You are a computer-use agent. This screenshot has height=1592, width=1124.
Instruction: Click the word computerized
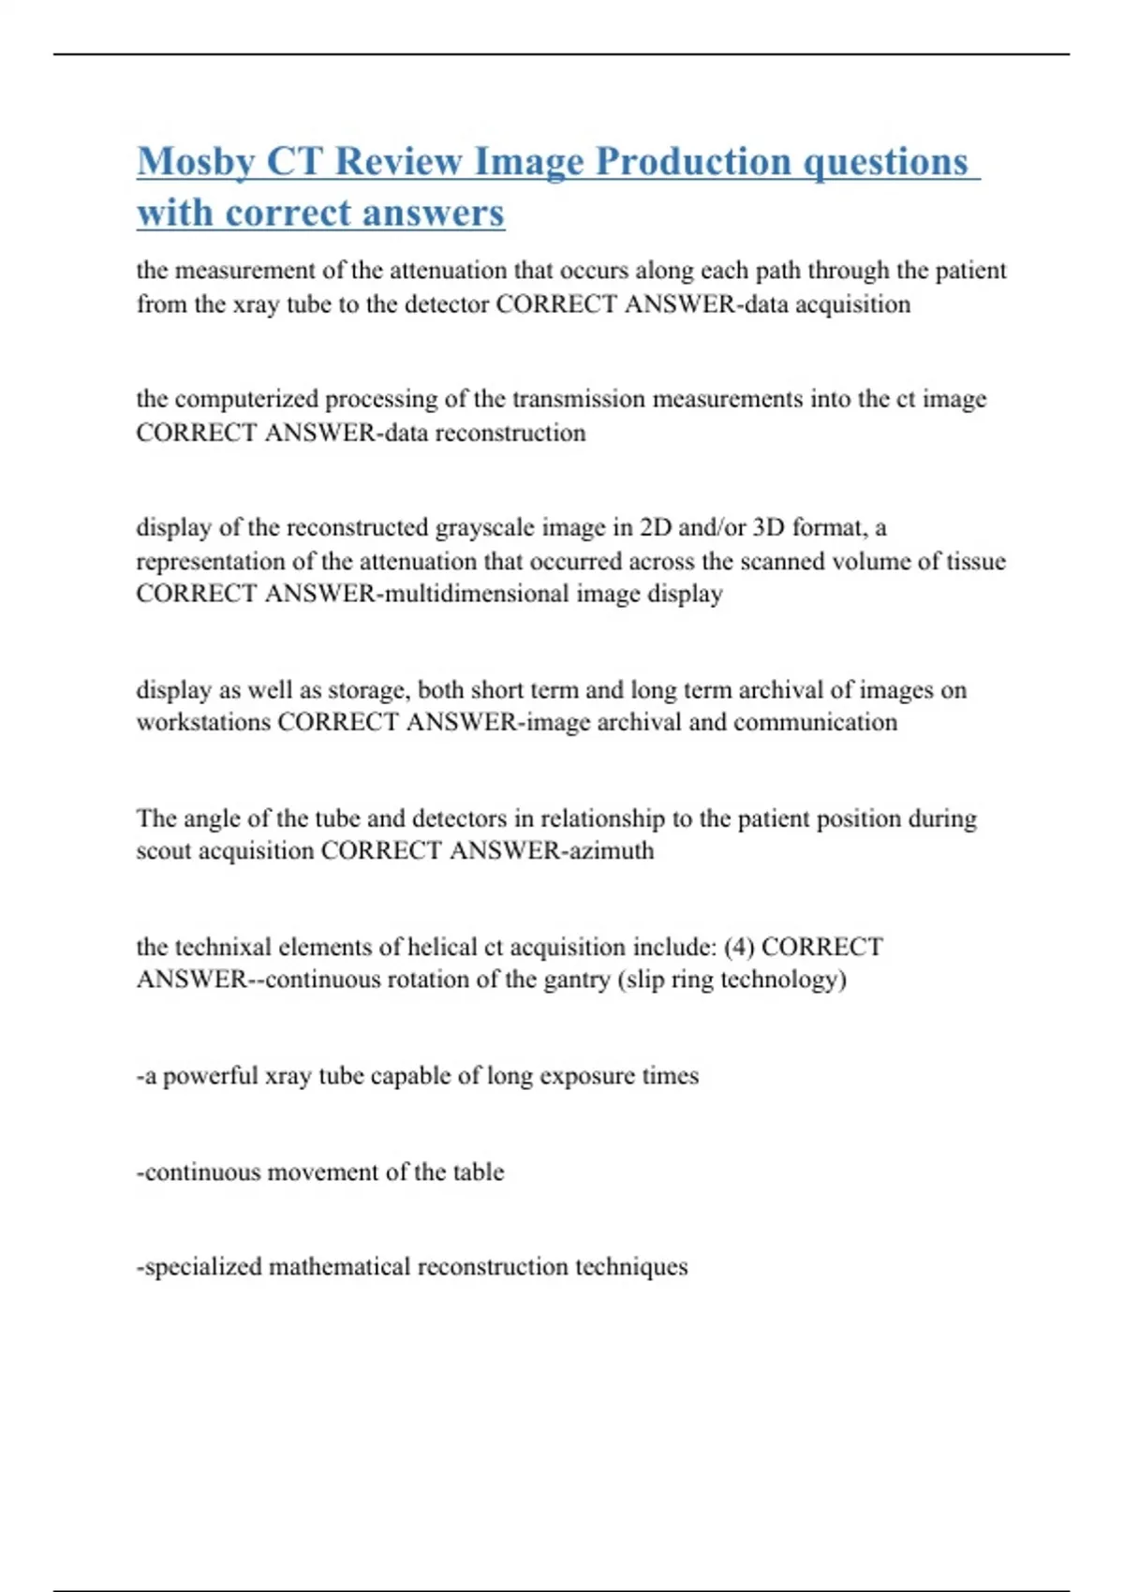pos(246,399)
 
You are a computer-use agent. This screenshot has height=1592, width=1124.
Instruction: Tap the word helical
pos(440,947)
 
